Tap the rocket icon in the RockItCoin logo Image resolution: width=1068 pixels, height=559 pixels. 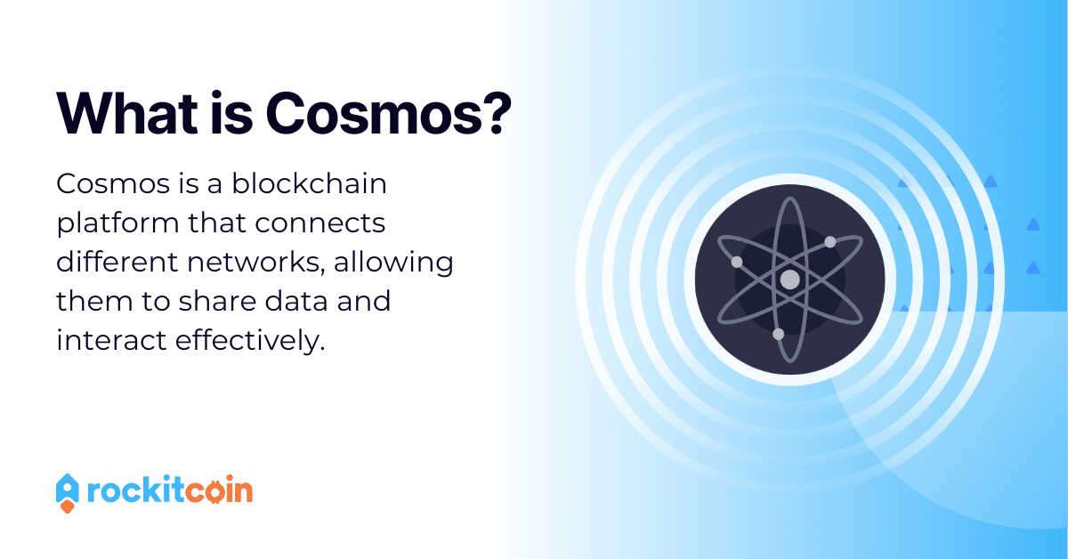pyautogui.click(x=68, y=492)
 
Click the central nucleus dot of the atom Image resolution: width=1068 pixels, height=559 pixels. pyautogui.click(x=789, y=279)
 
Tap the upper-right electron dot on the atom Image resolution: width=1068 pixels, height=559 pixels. pyautogui.click(x=829, y=242)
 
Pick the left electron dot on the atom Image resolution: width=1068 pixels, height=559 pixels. pyautogui.click(x=736, y=262)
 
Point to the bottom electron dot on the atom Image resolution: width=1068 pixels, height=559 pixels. pyautogui.click(x=778, y=334)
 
